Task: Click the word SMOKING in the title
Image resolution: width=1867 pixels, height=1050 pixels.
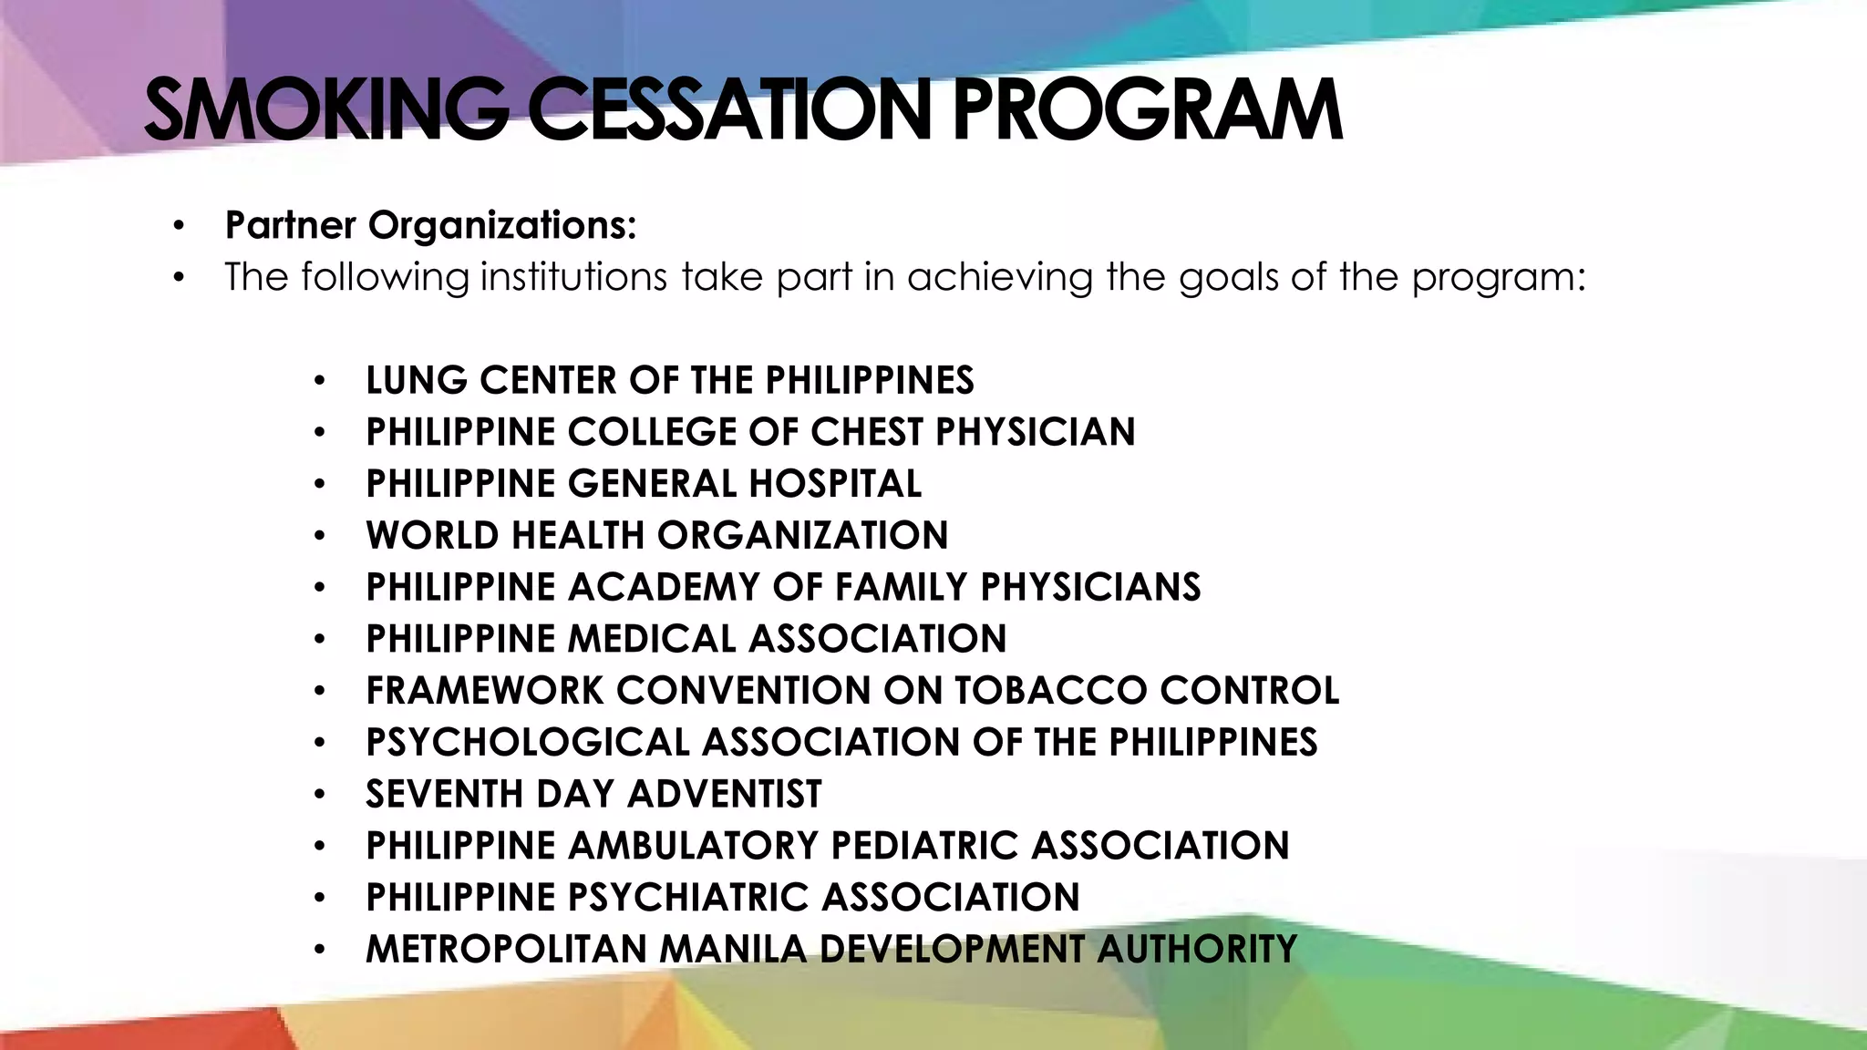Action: click(x=325, y=111)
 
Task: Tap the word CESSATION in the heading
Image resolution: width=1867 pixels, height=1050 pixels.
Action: click(x=729, y=111)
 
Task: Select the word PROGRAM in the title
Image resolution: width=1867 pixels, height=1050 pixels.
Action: click(x=1147, y=111)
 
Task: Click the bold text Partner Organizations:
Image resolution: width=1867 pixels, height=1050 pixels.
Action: click(x=430, y=225)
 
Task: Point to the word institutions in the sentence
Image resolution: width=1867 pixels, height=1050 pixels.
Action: click(x=574, y=277)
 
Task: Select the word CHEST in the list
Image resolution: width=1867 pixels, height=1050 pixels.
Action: click(x=867, y=432)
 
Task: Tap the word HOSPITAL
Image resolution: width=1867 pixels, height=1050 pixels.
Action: click(x=835, y=484)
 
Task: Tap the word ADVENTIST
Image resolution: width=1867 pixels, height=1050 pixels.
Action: click(x=725, y=795)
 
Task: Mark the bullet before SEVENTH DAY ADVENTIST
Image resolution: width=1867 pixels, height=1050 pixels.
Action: click(x=318, y=796)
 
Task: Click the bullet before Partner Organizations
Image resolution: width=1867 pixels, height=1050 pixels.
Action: click(x=179, y=226)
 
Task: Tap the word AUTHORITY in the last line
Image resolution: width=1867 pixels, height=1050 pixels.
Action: click(x=1196, y=950)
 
